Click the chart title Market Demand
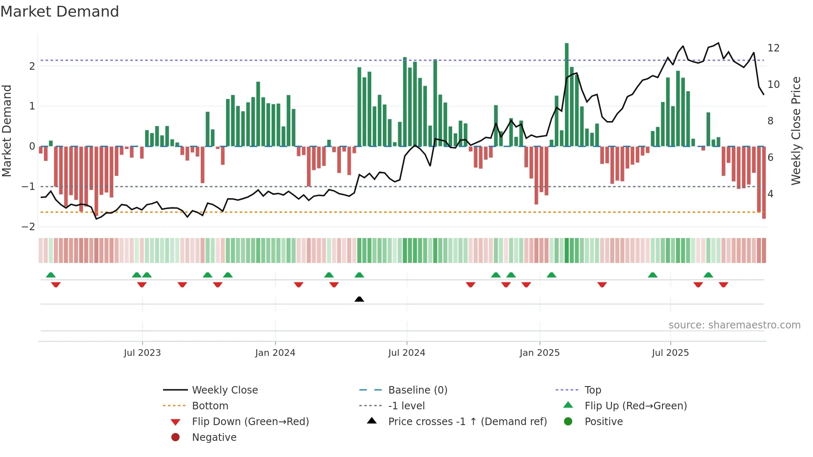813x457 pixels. [x=60, y=12]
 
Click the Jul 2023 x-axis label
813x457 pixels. [x=142, y=353]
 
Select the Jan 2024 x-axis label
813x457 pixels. [x=275, y=353]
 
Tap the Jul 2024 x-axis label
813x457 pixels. [x=406, y=353]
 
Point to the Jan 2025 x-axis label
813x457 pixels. [x=539, y=353]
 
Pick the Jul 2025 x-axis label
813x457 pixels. [x=670, y=353]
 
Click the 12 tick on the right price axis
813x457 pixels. [x=773, y=48]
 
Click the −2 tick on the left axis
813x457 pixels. [x=28, y=227]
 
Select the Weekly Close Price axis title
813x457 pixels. [x=796, y=131]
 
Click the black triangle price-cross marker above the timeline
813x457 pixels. [x=359, y=299]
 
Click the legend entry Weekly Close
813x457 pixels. [x=224, y=390]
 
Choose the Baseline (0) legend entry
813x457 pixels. [x=417, y=390]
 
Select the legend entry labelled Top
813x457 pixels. [x=592, y=390]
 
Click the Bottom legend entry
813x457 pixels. [x=210, y=406]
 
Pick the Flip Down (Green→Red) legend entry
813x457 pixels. [x=250, y=422]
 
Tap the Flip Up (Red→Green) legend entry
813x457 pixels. [x=635, y=406]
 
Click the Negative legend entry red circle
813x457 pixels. [x=175, y=438]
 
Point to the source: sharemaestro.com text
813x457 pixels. [x=734, y=325]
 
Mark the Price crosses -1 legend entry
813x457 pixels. [x=467, y=422]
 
